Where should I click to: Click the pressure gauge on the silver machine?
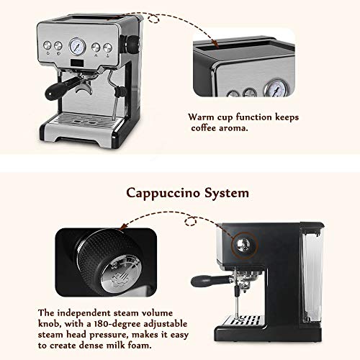coord(77,46)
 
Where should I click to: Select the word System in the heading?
coord(227,193)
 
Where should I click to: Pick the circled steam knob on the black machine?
coord(243,245)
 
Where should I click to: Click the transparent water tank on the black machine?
coord(312,274)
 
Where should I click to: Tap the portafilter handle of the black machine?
coord(211,281)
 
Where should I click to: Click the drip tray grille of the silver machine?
coord(84,120)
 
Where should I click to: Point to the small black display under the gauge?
coord(77,63)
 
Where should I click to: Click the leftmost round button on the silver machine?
coord(48,45)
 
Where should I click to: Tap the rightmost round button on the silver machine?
coord(107,48)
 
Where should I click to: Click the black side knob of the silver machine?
coord(132,45)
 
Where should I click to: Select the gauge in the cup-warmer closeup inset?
coord(276,88)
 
